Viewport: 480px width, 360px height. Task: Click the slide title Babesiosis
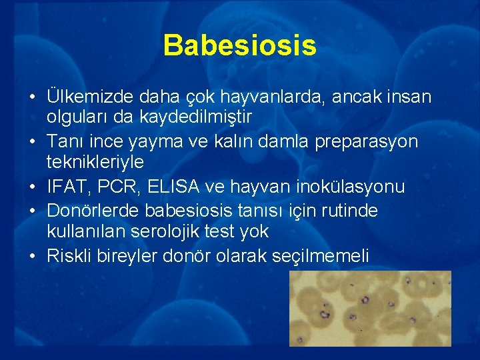click(x=239, y=45)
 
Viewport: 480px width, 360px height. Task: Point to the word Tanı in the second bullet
click(x=65, y=142)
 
